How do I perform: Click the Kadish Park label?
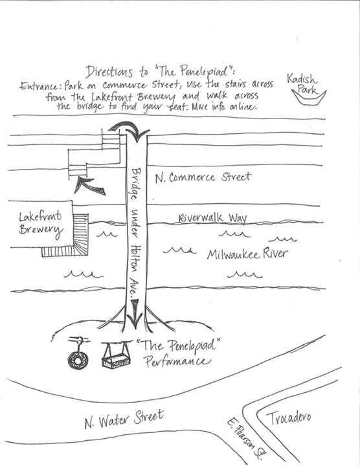302,83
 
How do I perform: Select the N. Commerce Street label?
203,177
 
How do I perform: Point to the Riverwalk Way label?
212,218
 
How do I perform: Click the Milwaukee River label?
247,254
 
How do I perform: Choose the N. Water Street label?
124,419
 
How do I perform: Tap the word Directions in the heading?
109,72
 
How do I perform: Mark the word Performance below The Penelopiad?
177,362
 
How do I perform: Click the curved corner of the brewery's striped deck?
81,247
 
